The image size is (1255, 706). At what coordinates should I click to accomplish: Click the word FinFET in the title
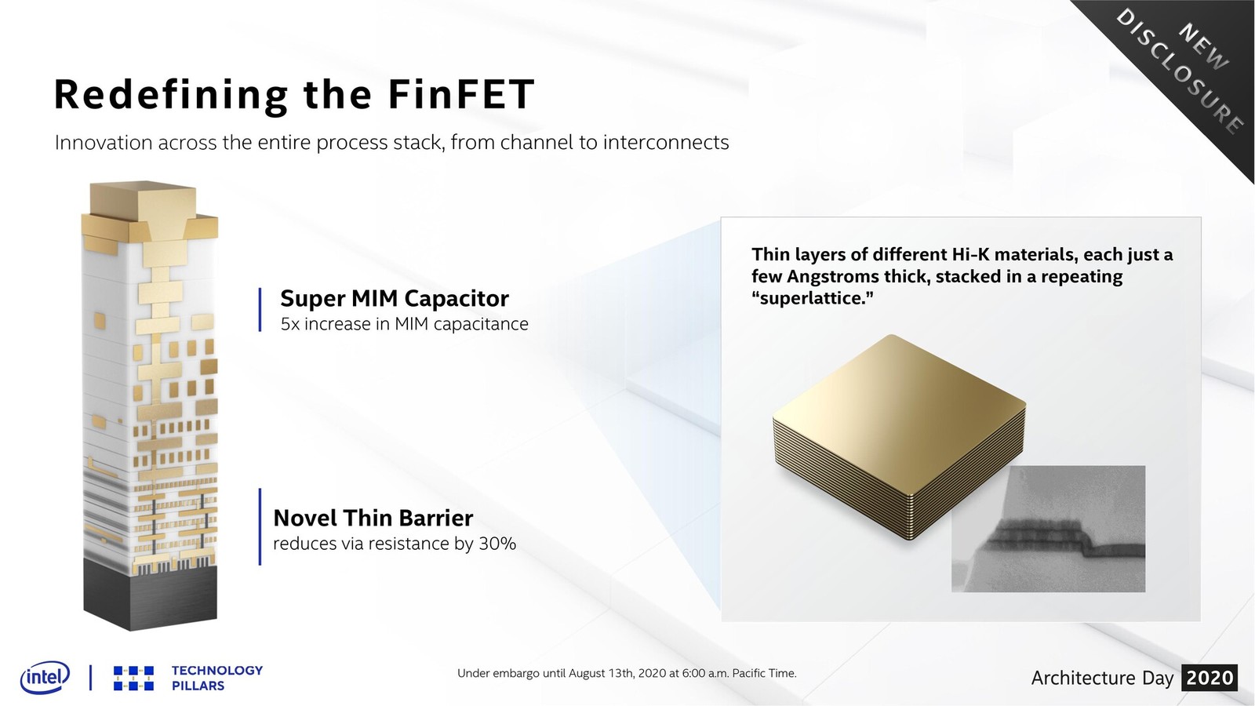point(460,93)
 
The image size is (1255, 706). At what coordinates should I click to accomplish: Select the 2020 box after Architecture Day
point(1210,678)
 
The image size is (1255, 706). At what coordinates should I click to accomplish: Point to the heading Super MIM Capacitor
point(395,299)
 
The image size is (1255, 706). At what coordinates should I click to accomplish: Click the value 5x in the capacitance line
point(290,324)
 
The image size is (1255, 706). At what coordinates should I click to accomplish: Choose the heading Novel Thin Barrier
point(373,519)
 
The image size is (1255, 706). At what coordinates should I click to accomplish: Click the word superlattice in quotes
point(813,298)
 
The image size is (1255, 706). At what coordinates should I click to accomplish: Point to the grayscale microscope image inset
point(1048,529)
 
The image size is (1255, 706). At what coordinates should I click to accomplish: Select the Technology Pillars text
point(216,678)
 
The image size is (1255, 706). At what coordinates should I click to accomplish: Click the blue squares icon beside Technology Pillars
point(133,678)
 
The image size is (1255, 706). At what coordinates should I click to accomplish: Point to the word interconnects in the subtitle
point(666,142)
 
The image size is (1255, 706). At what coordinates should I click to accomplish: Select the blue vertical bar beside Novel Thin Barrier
point(260,526)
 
